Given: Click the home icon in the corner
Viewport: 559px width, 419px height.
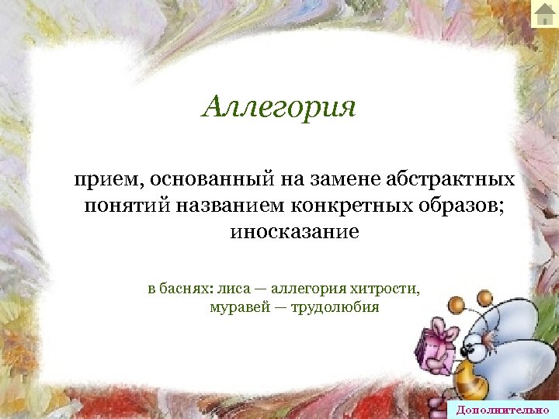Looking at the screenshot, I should [x=545, y=13].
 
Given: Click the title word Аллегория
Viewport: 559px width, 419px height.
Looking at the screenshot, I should [x=279, y=106].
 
